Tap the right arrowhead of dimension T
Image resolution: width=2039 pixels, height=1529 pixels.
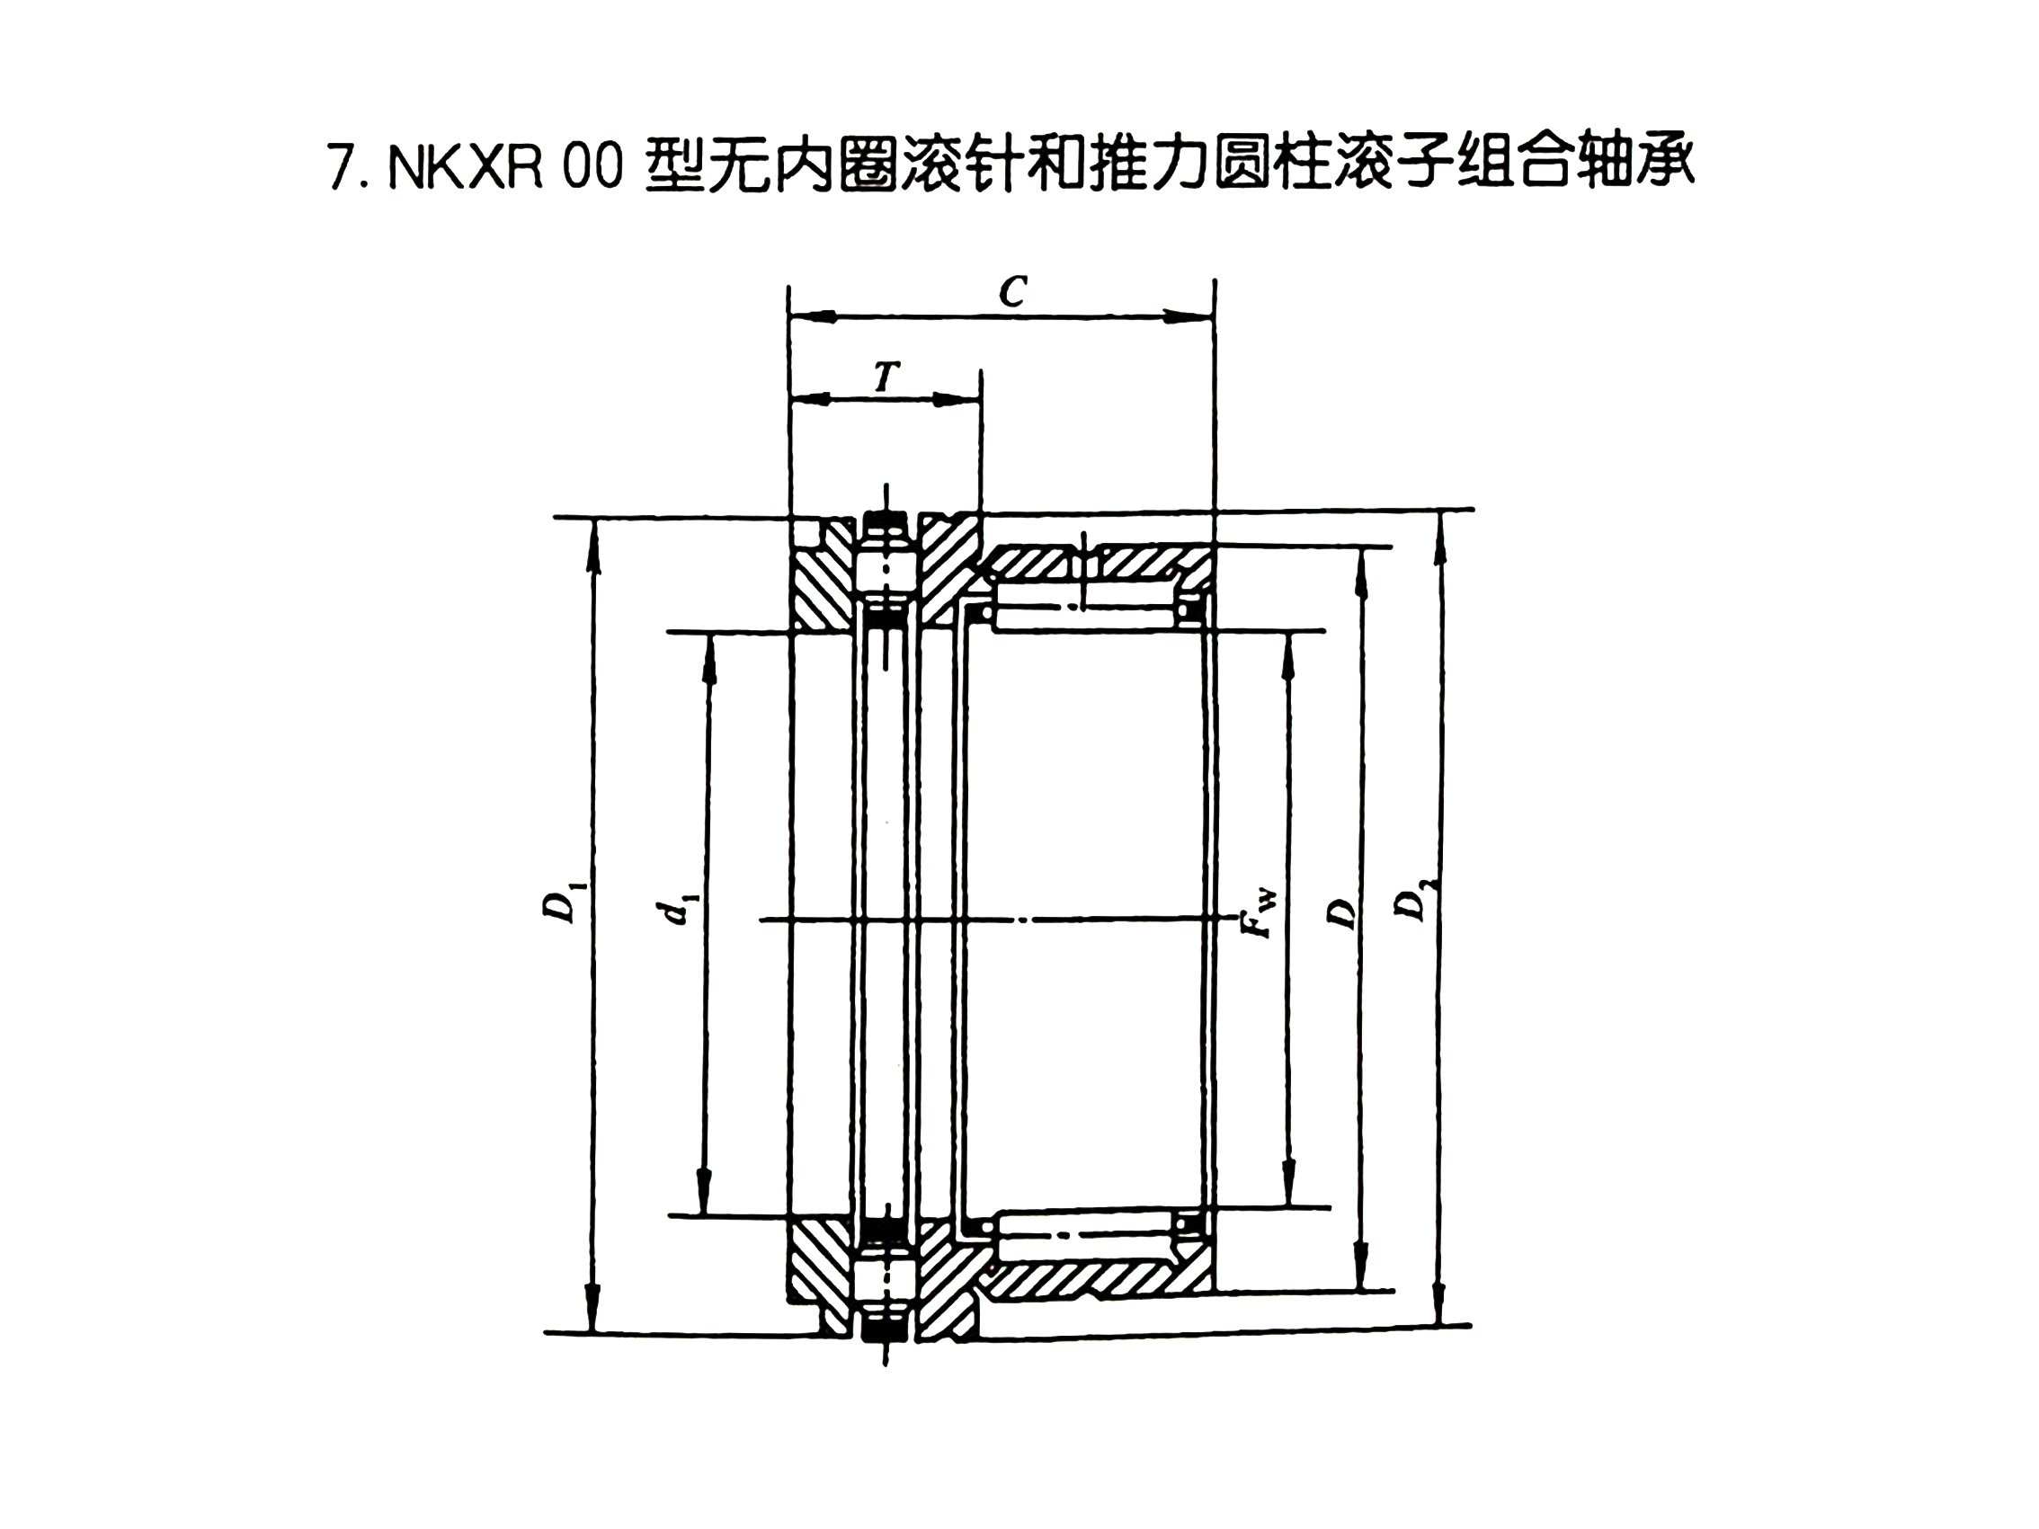957,400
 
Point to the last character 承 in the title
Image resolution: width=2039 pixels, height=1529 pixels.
1668,167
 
